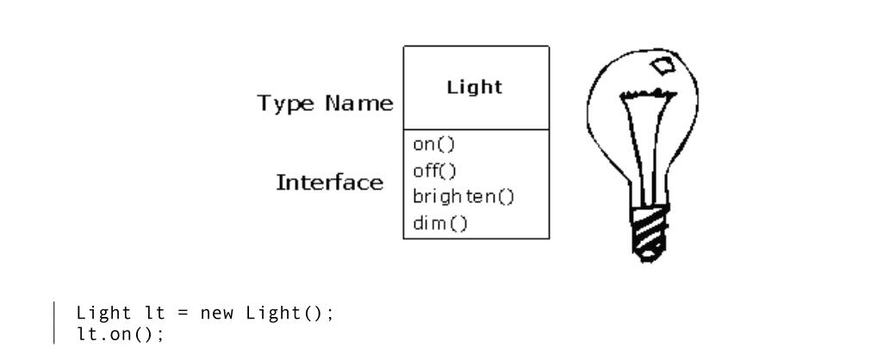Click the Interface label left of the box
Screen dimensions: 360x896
coord(329,183)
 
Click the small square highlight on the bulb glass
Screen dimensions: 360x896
coord(663,65)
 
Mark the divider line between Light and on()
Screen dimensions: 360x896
coord(476,130)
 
